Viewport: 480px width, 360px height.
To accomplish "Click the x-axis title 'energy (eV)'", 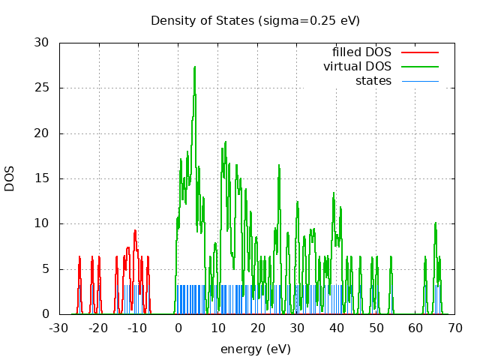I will pyautogui.click(x=255, y=349).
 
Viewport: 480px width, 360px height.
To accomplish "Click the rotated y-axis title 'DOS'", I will pyautogui.click(x=10, y=178).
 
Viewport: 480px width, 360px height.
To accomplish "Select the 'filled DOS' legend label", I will pyautogui.click(x=361, y=52).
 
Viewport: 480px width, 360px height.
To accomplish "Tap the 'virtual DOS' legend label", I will pyautogui.click(x=357, y=66).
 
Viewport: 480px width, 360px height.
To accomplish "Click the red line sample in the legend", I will pyautogui.click(x=419, y=52).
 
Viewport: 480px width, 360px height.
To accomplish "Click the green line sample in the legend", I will pyautogui.click(x=419, y=66).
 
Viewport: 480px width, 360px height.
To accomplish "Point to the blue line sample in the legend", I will pyautogui.click(x=419, y=80).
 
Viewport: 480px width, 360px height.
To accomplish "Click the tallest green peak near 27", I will pyautogui.click(x=194, y=67).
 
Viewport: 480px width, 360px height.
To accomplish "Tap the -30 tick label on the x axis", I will pyautogui.click(x=58, y=328).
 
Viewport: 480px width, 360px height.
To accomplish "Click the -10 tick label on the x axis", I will pyautogui.click(x=137, y=328).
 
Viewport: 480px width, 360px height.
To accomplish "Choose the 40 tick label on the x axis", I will pyautogui.click(x=336, y=328).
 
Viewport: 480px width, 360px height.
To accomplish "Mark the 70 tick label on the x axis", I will pyautogui.click(x=454, y=328).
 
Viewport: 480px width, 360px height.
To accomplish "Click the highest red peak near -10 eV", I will pyautogui.click(x=135, y=230).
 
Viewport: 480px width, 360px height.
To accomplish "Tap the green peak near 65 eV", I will pyautogui.click(x=435, y=223).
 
